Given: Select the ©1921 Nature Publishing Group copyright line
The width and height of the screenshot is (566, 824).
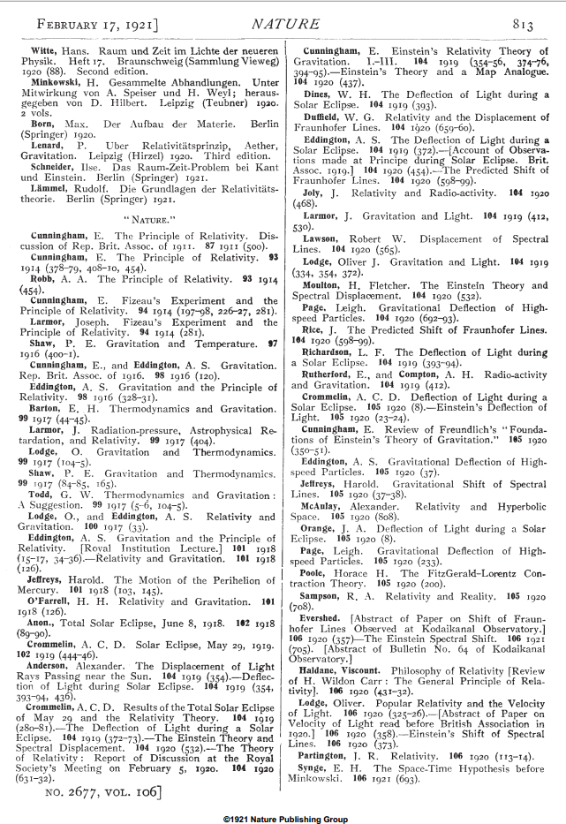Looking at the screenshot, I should (283, 817).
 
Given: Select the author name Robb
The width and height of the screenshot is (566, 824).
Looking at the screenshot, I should (45, 277).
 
